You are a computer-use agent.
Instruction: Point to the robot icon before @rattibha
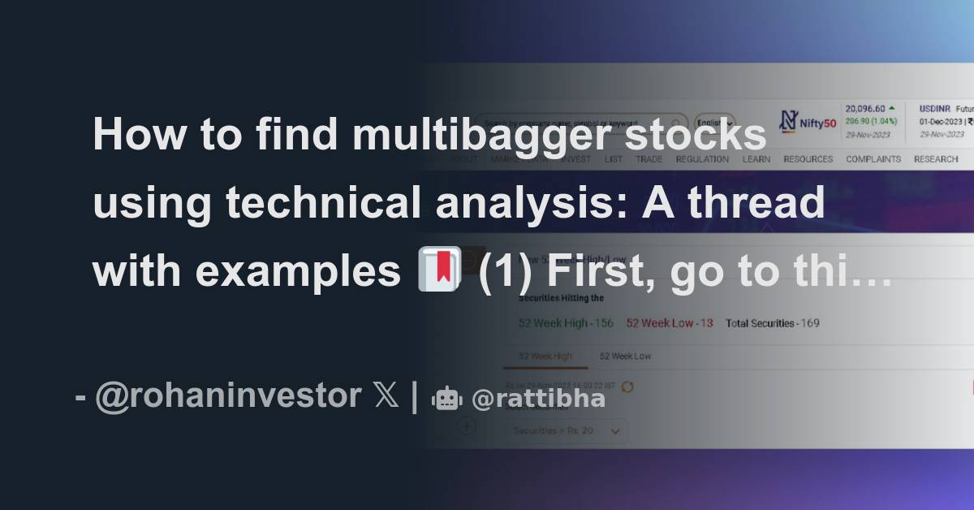coord(447,398)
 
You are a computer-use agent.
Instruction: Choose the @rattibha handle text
coord(538,399)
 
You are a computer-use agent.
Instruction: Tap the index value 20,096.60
coord(865,108)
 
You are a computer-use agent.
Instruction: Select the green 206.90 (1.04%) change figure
coord(871,121)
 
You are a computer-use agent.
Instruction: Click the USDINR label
coord(934,108)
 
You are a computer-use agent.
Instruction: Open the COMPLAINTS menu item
coord(873,159)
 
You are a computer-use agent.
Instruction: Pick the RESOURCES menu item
coord(808,159)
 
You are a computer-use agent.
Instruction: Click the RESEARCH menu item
coord(936,159)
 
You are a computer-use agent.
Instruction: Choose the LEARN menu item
coord(756,159)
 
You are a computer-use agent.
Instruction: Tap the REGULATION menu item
coord(702,159)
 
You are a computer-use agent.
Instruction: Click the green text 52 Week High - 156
coord(566,323)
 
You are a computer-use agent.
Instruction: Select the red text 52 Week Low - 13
coord(670,323)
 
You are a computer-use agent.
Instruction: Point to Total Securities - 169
coord(772,323)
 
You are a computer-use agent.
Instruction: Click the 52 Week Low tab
coord(625,357)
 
